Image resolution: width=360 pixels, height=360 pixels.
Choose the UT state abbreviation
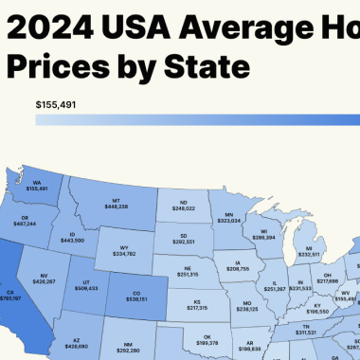86,281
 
